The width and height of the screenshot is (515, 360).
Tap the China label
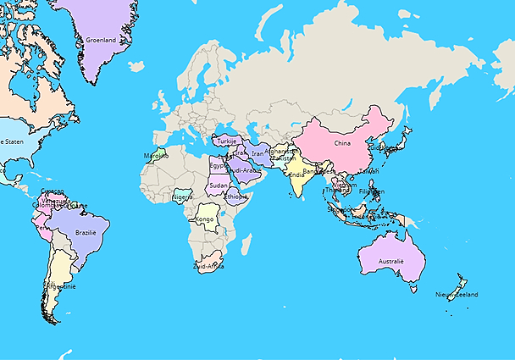(342, 143)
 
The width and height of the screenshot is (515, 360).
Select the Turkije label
(228, 141)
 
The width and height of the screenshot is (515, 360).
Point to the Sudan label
(219, 185)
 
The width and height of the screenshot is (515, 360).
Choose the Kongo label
(205, 219)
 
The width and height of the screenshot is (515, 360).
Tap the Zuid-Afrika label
(208, 266)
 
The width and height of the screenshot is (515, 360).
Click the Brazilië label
(86, 232)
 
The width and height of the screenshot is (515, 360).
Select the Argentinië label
(60, 287)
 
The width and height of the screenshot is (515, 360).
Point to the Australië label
(390, 262)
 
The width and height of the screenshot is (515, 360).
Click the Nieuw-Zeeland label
(457, 294)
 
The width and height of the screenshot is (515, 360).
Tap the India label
(296, 176)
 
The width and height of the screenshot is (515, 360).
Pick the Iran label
(257, 153)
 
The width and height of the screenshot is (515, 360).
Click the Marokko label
(156, 156)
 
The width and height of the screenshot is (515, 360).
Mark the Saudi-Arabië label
(243, 170)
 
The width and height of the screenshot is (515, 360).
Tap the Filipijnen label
(372, 191)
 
